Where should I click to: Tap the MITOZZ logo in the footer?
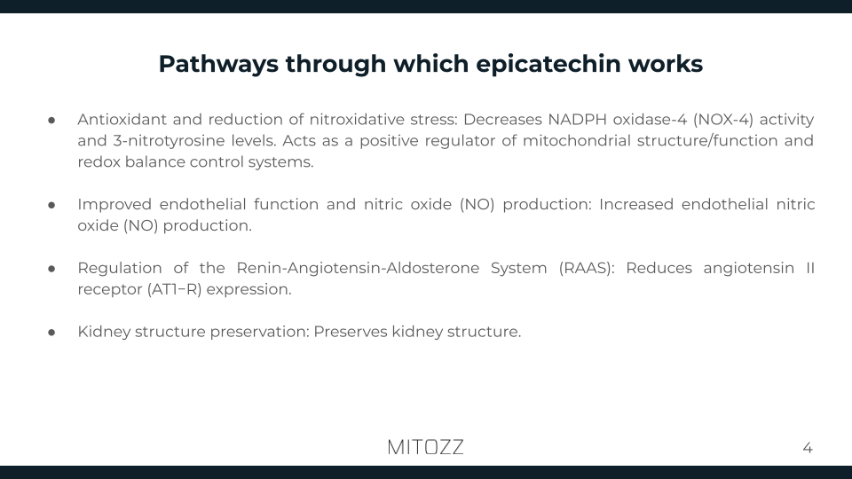point(425,447)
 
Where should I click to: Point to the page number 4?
point(807,448)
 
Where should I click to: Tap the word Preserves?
point(351,332)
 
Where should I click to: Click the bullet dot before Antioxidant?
point(52,120)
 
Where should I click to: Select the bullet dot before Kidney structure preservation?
point(52,333)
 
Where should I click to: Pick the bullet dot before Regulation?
point(52,269)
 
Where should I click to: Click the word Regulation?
point(120,268)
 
